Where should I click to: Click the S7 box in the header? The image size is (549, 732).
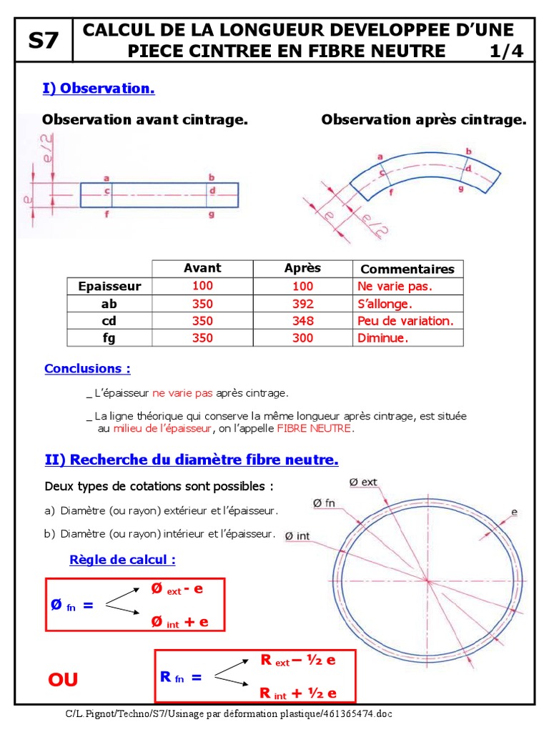[x=43, y=41]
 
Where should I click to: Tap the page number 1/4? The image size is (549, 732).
[x=507, y=51]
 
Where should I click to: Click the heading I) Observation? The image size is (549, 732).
[x=99, y=89]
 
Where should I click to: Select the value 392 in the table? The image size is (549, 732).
[x=302, y=304]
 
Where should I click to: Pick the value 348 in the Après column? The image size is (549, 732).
[x=302, y=321]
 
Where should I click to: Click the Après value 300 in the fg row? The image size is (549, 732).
[x=302, y=338]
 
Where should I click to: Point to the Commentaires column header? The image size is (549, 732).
[x=407, y=269]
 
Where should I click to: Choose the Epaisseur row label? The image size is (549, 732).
[x=109, y=287]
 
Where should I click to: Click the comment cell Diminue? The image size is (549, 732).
[x=383, y=338]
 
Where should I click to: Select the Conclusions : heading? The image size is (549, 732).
[x=87, y=369]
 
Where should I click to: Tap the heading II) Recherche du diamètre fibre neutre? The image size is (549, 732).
[x=191, y=460]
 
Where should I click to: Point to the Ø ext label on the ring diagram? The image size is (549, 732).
[x=363, y=483]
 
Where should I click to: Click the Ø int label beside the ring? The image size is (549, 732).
[x=297, y=535]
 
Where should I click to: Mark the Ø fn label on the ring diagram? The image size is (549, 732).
[x=324, y=504]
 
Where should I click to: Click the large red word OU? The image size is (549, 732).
[x=63, y=680]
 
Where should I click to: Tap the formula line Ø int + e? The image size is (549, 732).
[x=179, y=623]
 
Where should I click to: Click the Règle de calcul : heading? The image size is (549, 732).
[x=122, y=560]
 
